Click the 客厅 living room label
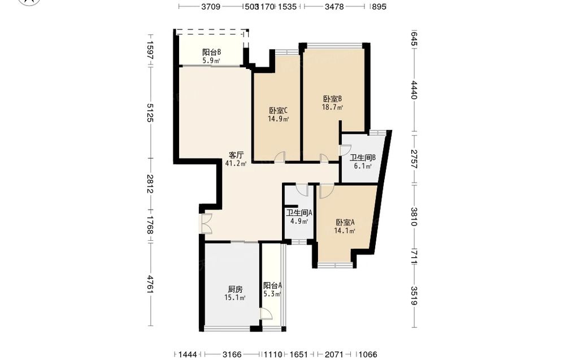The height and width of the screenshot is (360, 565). [236, 155]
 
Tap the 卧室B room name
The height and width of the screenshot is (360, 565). [332, 99]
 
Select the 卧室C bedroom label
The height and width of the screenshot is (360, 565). [278, 110]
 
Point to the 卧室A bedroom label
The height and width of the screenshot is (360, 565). [345, 222]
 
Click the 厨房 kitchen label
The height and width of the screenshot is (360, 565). [235, 289]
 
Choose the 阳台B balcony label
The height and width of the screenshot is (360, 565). [211, 52]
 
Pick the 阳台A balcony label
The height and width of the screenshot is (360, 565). [272, 285]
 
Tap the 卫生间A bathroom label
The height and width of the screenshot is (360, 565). [299, 212]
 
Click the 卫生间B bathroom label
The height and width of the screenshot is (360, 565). [363, 158]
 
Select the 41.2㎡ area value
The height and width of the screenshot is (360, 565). [236, 163]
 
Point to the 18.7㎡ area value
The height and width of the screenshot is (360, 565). [332, 107]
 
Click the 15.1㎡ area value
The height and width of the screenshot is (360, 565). [235, 298]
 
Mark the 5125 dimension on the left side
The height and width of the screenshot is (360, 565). [150, 113]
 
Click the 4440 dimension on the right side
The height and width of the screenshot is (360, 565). [414, 90]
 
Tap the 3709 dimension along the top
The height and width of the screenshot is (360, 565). [211, 6]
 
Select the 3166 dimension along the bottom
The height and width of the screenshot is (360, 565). [232, 354]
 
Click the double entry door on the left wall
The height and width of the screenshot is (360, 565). [206, 224]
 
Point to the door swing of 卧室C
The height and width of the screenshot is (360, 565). [280, 157]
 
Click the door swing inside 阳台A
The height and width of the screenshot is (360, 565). [266, 314]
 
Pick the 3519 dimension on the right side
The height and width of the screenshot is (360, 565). [414, 296]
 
